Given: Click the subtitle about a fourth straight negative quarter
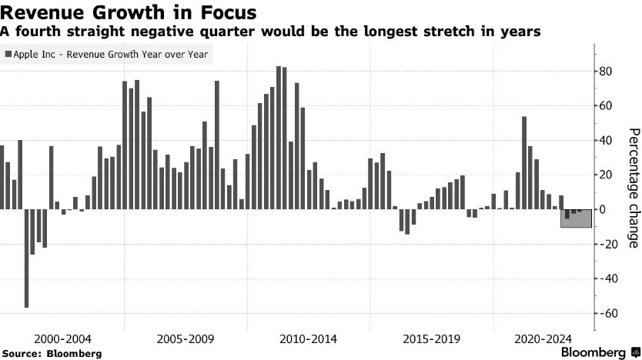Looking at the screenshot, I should (x=271, y=32).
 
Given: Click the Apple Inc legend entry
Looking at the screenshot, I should (x=109, y=55).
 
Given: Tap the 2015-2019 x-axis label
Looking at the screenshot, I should (x=432, y=338).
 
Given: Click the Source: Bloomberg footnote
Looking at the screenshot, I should (x=52, y=353).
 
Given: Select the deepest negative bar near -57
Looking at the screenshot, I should (x=26, y=258).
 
